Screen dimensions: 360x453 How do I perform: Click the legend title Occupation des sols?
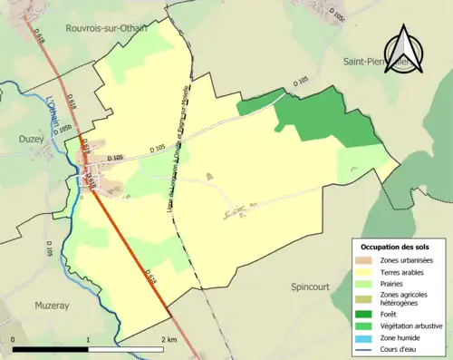coord(397,247)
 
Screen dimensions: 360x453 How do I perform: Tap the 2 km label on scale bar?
coord(169,339)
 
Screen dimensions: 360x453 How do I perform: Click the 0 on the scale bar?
coord(14,339)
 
